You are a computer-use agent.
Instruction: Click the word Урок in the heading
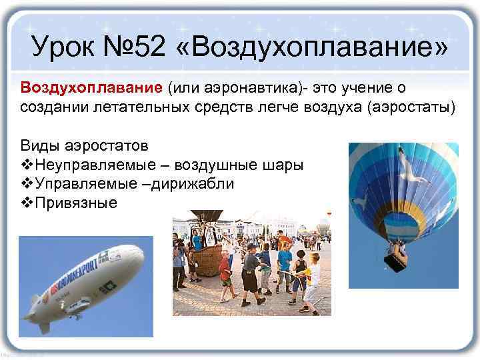[x=66, y=47]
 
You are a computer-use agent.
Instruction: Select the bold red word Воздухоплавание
[x=91, y=89]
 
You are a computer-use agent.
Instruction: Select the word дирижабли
[x=194, y=184]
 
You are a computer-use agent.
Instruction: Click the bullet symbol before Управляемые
[x=27, y=184]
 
